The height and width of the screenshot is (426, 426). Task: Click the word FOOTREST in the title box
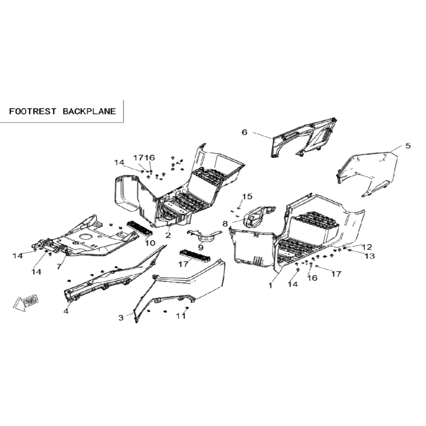click(x=33, y=111)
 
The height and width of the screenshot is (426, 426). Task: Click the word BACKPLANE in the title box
click(x=89, y=111)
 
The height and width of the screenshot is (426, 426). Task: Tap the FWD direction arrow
click(x=26, y=302)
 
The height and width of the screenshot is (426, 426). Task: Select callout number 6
click(x=244, y=132)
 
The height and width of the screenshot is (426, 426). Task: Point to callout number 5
click(x=408, y=146)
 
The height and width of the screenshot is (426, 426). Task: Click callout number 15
click(x=247, y=196)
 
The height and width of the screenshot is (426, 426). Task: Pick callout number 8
click(x=225, y=224)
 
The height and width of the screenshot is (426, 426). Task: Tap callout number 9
click(x=201, y=247)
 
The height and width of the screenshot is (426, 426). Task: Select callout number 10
click(x=150, y=243)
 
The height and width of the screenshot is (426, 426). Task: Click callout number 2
click(x=168, y=235)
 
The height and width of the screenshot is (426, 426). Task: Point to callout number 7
click(x=59, y=267)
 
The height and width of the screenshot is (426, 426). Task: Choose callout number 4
click(x=66, y=311)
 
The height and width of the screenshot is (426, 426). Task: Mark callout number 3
click(x=121, y=317)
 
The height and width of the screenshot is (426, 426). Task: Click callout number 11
click(x=181, y=316)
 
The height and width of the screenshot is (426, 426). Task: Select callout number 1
click(x=270, y=286)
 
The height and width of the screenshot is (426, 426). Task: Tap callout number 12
click(x=367, y=247)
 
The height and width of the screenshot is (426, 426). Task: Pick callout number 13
click(x=370, y=256)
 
